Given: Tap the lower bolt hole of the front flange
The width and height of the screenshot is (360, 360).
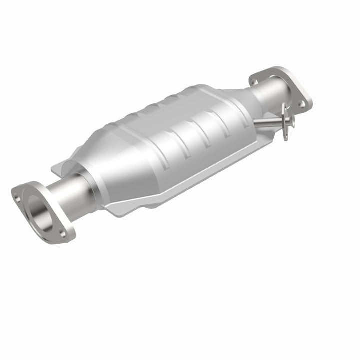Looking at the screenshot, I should coord(62,232).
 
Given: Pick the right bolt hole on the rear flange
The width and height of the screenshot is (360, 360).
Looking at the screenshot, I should coord(301,103).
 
